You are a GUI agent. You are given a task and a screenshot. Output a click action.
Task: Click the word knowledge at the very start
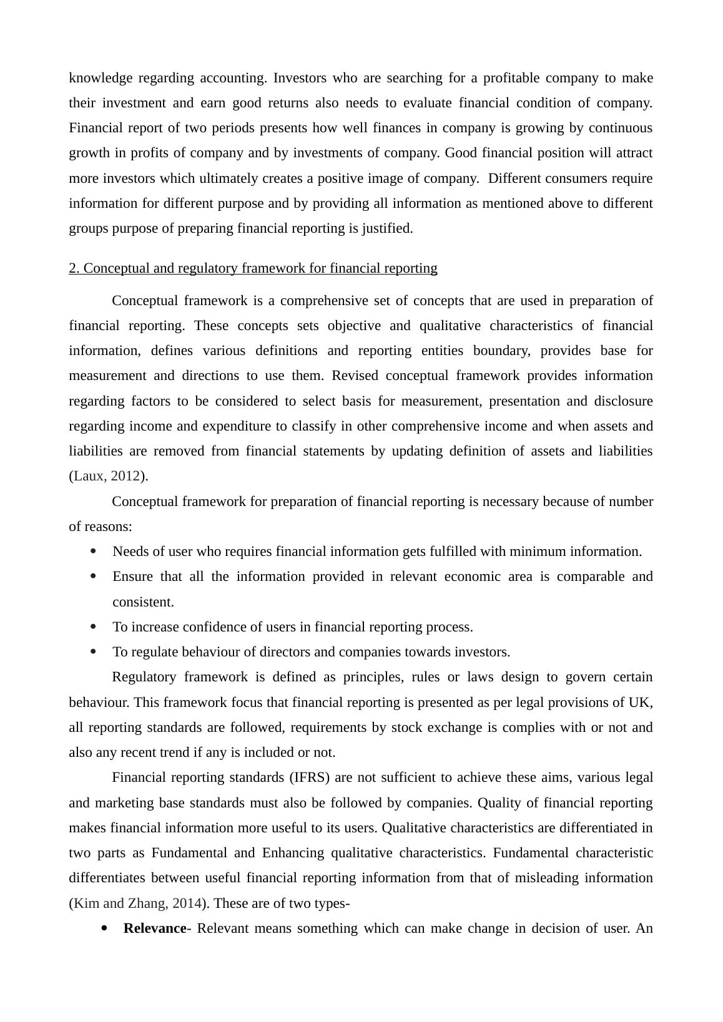click(100, 78)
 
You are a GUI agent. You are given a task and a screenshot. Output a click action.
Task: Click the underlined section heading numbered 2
click(253, 268)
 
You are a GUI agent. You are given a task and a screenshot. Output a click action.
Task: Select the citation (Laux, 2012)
click(108, 476)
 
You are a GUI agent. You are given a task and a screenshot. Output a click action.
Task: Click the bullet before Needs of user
click(94, 552)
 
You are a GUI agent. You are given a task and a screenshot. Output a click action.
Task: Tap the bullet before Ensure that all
click(94, 577)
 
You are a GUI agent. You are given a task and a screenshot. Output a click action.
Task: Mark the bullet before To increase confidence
click(94, 626)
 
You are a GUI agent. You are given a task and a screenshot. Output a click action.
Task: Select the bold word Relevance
click(155, 928)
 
